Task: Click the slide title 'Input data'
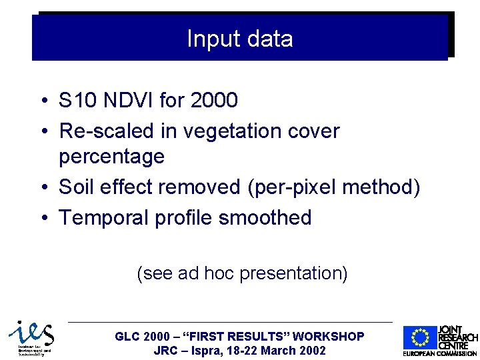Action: pos(239,39)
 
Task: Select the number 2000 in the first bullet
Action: pos(213,101)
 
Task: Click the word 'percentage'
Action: pos(111,157)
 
